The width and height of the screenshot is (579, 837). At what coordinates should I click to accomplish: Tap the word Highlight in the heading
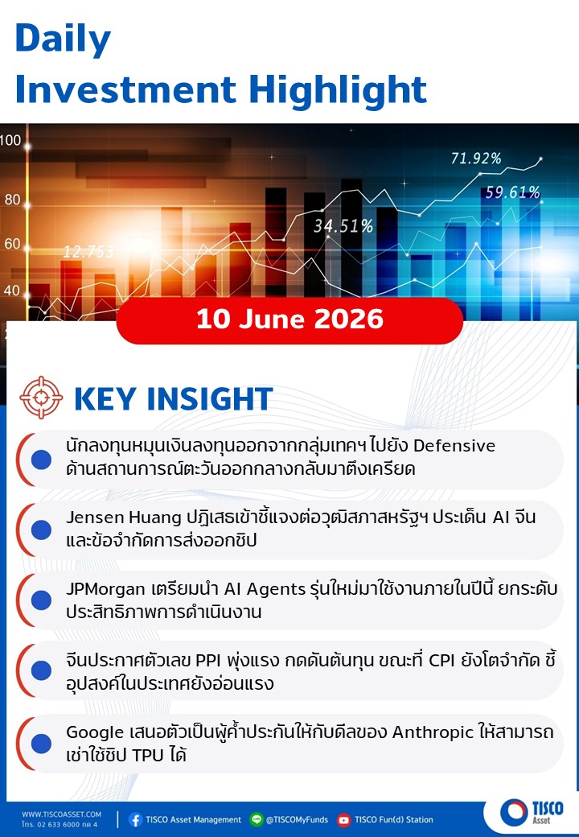pyautogui.click(x=338, y=89)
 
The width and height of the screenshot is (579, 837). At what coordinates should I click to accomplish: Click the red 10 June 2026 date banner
pyautogui.click(x=289, y=320)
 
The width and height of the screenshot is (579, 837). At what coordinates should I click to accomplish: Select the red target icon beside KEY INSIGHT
pyautogui.click(x=40, y=398)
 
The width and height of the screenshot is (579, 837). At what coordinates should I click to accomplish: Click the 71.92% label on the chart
pyautogui.click(x=476, y=159)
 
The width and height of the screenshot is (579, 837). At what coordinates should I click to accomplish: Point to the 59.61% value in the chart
pyautogui.click(x=512, y=192)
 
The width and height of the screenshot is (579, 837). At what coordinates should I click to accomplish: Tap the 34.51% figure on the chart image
pyautogui.click(x=343, y=226)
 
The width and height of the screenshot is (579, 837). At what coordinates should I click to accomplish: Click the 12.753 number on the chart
pyautogui.click(x=88, y=251)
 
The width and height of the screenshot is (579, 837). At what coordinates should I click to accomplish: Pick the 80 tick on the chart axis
pyautogui.click(x=12, y=200)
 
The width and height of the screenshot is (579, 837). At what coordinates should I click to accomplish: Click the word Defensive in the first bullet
pyautogui.click(x=454, y=446)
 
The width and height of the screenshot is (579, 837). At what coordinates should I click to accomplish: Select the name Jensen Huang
pyautogui.click(x=124, y=517)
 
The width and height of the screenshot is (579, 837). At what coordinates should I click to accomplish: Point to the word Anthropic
pyautogui.click(x=433, y=732)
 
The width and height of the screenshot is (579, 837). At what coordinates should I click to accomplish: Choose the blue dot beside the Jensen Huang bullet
pyautogui.click(x=41, y=530)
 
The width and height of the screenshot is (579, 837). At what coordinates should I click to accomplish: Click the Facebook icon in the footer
pyautogui.click(x=135, y=819)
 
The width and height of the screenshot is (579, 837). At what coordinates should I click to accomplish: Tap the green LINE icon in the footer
pyautogui.click(x=257, y=819)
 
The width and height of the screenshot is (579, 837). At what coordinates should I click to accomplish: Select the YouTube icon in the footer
pyautogui.click(x=344, y=819)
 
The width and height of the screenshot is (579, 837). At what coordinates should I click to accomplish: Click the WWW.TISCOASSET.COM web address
pyautogui.click(x=61, y=814)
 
